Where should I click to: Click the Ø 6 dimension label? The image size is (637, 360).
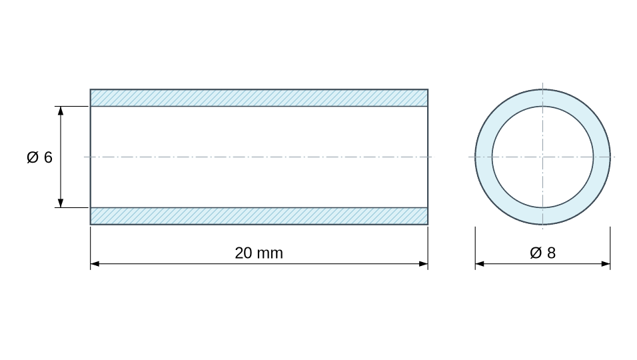[x=39, y=157]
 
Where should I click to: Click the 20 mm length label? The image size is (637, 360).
[x=259, y=253]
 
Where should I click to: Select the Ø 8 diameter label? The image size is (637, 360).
[x=543, y=253]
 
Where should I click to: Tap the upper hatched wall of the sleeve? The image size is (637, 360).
[x=259, y=98]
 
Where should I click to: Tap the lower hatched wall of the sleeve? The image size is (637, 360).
[x=259, y=216]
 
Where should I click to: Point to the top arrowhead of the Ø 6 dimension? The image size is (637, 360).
[x=61, y=111]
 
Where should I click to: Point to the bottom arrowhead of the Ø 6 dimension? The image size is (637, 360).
[x=61, y=203]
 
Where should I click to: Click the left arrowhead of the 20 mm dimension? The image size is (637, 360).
[x=95, y=264]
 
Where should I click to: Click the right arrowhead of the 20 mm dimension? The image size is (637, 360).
[x=423, y=264]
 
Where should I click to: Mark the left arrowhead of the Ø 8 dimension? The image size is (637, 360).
[x=480, y=264]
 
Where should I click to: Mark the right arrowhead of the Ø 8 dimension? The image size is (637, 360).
[x=606, y=264]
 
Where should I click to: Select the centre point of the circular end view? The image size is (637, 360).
[x=543, y=157]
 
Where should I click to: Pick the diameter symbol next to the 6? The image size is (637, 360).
[x=33, y=157]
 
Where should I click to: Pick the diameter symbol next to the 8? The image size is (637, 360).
[x=536, y=253]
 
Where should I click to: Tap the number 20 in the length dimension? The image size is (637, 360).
[x=243, y=253]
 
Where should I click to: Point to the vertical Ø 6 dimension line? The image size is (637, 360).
[x=61, y=157]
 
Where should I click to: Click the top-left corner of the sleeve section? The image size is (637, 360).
[x=90, y=89]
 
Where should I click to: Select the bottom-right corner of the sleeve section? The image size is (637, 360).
[x=428, y=224]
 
